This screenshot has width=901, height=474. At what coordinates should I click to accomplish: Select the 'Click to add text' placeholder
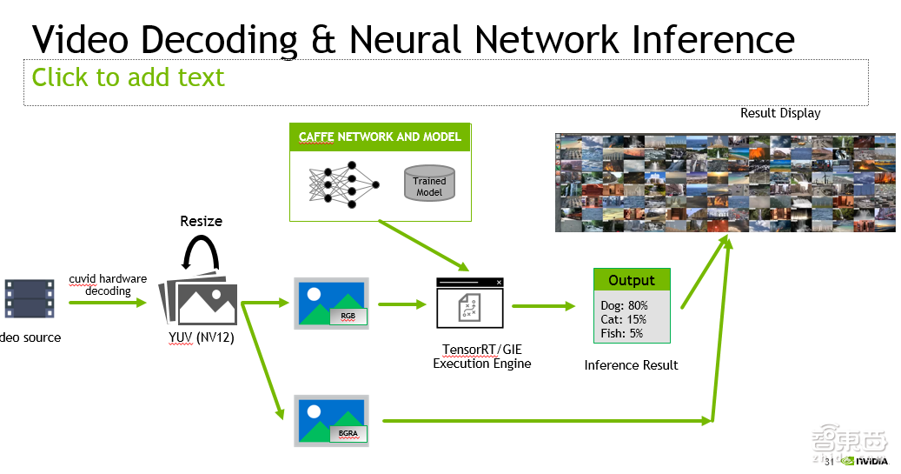128,77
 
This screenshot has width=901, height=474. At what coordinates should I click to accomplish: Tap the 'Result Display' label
779,113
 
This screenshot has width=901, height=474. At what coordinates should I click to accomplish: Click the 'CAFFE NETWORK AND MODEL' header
380,137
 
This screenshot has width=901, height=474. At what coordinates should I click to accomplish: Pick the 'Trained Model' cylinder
429,184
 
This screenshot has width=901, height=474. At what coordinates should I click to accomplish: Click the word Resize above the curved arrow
201,221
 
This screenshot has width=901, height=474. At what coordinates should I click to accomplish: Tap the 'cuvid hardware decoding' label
108,285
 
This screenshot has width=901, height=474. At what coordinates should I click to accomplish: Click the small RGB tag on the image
348,317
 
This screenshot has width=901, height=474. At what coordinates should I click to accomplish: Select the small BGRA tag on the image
348,432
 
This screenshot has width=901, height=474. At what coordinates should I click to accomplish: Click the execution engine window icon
469,305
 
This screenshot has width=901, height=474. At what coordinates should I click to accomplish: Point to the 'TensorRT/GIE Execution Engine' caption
482,357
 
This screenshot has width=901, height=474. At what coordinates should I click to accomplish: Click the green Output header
632,280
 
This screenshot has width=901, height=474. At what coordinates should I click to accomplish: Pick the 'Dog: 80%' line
624,305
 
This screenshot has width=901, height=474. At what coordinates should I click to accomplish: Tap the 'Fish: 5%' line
622,333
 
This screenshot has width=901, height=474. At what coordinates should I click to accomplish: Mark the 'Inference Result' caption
631,365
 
